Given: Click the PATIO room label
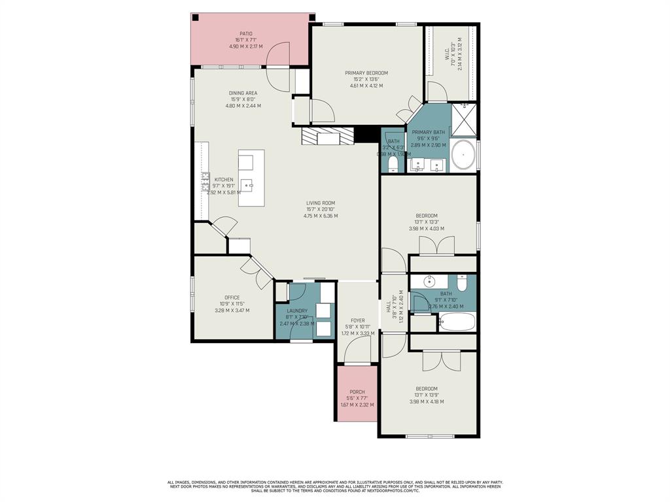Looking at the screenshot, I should pos(245,34).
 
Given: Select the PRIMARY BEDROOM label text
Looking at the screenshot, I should pos(366,73).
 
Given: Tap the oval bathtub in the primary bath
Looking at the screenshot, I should pos(463,156).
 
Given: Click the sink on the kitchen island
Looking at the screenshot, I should pos(246,184).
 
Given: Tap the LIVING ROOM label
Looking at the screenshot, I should pos(321,203).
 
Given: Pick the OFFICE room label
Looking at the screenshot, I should pos(232,297).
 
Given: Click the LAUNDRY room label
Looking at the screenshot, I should pos(296,310).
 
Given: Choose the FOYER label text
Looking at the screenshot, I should pos(358,321).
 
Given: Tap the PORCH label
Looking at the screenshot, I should pos(357,392).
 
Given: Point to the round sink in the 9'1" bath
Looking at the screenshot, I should pos(430,282).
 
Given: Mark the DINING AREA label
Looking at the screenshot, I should pos(243,93).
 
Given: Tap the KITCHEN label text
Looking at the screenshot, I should pos(224,180).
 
